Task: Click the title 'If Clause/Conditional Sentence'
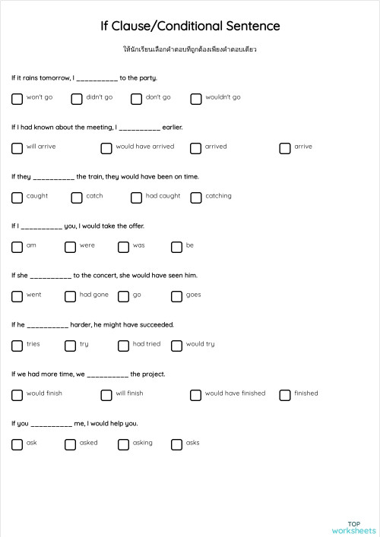coord(190,27)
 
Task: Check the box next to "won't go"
coord(17,98)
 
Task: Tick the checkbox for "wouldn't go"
coord(196,98)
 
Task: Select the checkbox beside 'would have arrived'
coord(106,147)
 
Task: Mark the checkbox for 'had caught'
coord(136,197)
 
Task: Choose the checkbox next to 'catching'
coord(196,197)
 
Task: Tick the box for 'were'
coord(70,246)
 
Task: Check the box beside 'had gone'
coord(70,295)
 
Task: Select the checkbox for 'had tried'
coord(123,345)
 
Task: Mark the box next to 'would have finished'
coord(195,394)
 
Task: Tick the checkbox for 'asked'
coord(70,444)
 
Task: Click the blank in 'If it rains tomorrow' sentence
coord(97,78)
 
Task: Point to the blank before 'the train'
coord(54,177)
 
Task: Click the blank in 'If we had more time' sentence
coord(107,374)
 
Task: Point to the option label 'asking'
coord(142,443)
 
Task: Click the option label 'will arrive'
coord(41,147)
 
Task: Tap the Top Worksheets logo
coord(354,527)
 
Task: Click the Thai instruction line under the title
coord(190,49)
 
